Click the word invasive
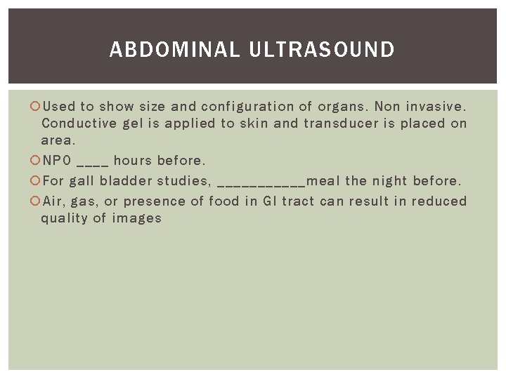439,107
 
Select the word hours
132,161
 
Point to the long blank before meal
261,184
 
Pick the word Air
53,201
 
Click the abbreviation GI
271,201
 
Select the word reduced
439,201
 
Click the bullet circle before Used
36,107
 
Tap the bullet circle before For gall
36,180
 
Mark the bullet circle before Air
36,201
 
